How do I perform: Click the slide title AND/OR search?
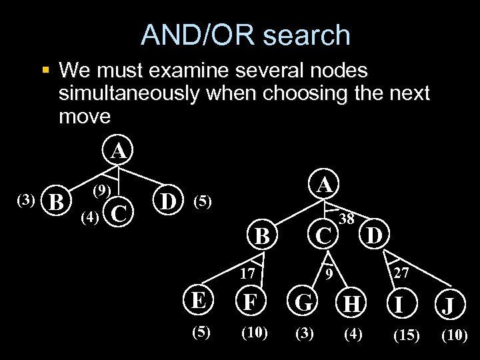pos(245,35)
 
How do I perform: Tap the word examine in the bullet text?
pos(221,70)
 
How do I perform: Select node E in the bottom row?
pos(197,301)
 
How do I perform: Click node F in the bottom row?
pos(250,302)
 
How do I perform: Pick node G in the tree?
pos(304,303)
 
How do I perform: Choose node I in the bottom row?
pos(398,305)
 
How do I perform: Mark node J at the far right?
pos(448,307)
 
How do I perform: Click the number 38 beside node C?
pos(346,219)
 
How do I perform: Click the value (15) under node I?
pos(406,335)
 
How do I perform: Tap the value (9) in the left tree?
pos(101,190)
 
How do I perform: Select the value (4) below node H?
pos(353,333)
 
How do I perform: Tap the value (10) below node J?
pos(454,335)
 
